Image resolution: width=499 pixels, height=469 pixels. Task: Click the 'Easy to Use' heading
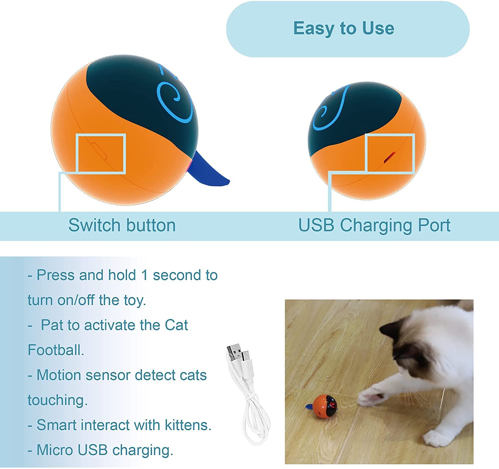tap(344, 28)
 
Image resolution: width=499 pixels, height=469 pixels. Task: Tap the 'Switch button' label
tap(122, 225)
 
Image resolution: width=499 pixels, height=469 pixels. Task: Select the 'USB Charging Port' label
tap(374, 225)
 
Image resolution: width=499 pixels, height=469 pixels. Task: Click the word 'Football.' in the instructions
tap(56, 350)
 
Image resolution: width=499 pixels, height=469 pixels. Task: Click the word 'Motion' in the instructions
tap(59, 375)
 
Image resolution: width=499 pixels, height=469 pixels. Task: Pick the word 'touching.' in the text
tap(58, 400)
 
